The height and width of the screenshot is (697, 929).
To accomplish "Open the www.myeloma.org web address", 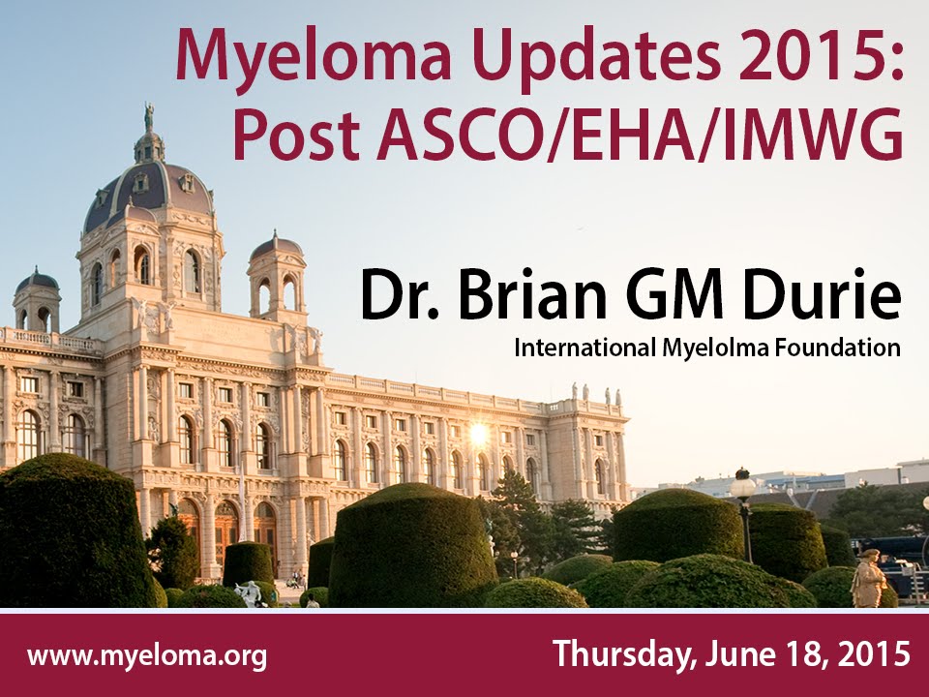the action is click(x=147, y=656).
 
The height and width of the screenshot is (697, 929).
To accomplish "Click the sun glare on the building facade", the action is click(x=477, y=434).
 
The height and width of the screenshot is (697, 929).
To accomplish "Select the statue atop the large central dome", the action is click(x=149, y=117).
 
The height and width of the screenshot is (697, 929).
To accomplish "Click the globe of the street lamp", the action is click(x=742, y=487).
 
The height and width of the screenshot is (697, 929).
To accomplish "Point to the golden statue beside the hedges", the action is click(x=868, y=578).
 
